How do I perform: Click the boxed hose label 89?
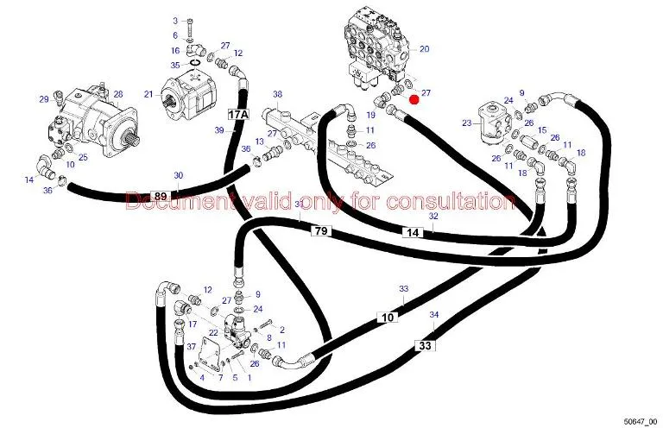[160, 196]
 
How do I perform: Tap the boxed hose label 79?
[320, 230]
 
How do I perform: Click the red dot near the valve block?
[414, 99]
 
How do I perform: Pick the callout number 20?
[424, 49]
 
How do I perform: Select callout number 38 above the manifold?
[277, 94]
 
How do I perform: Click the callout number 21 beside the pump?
[148, 94]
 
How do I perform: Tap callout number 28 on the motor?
[118, 95]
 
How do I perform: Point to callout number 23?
[466, 123]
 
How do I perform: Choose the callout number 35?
[175, 65]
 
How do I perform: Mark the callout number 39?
[219, 129]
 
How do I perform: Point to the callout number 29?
[44, 100]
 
